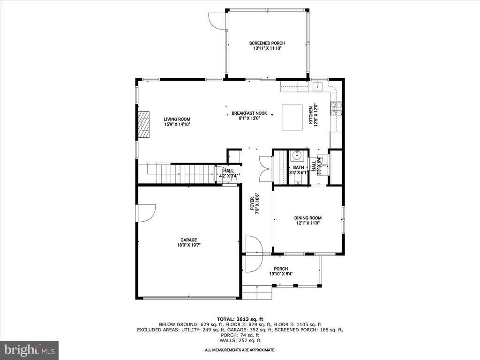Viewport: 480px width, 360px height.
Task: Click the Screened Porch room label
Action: pos(267,43)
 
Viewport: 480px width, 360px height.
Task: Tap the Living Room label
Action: pos(177,119)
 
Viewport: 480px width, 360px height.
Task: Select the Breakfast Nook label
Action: pos(249,113)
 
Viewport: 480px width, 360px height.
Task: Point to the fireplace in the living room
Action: pos(144,125)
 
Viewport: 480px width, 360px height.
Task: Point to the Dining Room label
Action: pos(307,218)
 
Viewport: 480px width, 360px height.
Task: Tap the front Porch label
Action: pos(281,269)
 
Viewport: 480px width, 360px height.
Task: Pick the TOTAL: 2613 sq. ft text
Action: pos(240,319)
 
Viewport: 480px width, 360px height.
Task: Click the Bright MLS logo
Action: pos(29,350)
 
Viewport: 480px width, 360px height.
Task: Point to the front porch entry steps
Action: pos(257,292)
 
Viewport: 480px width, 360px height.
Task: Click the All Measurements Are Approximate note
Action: pos(240,350)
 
